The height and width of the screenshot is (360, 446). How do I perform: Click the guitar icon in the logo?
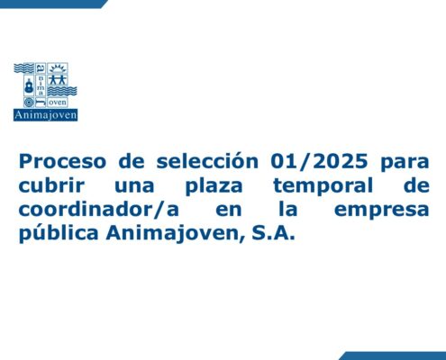29,85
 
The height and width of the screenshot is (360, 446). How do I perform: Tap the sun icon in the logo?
58,68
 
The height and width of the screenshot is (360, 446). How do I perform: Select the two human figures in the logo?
58,80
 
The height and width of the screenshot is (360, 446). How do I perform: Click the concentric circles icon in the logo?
29,103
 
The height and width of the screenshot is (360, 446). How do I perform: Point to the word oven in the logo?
58,103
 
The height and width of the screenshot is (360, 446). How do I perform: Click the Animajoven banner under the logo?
45,115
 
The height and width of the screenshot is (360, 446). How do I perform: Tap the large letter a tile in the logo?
41,68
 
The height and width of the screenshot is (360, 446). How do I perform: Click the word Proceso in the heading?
62,161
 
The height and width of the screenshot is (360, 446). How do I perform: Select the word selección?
207,160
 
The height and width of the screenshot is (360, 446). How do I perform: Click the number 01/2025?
320,161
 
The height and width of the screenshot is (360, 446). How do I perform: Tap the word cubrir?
51,184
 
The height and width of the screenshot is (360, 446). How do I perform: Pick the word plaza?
214,186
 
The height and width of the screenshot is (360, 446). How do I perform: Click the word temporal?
323,186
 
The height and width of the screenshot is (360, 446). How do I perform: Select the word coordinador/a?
99,209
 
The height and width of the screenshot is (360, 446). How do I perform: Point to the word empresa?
381,211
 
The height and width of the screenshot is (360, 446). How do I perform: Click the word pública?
59,233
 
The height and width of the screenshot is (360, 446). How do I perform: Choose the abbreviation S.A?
273,233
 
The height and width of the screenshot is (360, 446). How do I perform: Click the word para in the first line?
405,163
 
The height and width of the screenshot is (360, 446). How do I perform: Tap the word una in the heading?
134,186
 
